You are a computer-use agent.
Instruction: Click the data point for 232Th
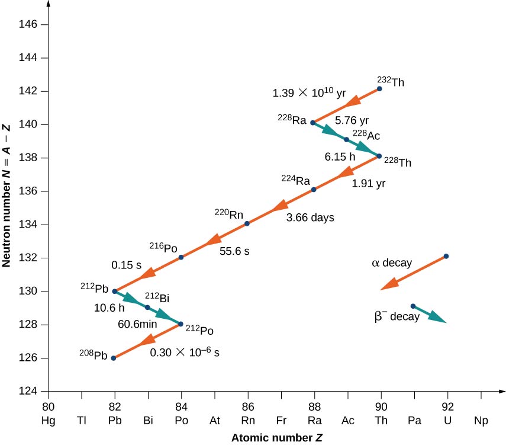tap(379, 89)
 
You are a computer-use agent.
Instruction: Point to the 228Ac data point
tap(346, 139)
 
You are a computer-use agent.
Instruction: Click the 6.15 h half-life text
tap(339, 158)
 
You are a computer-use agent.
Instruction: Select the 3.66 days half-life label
tap(310, 217)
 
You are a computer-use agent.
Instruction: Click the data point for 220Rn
tap(247, 223)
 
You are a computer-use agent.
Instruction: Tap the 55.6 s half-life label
tap(234, 251)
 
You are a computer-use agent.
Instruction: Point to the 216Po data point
tap(181, 257)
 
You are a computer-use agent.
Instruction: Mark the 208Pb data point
tap(114, 358)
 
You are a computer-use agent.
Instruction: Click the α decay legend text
tap(391, 262)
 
